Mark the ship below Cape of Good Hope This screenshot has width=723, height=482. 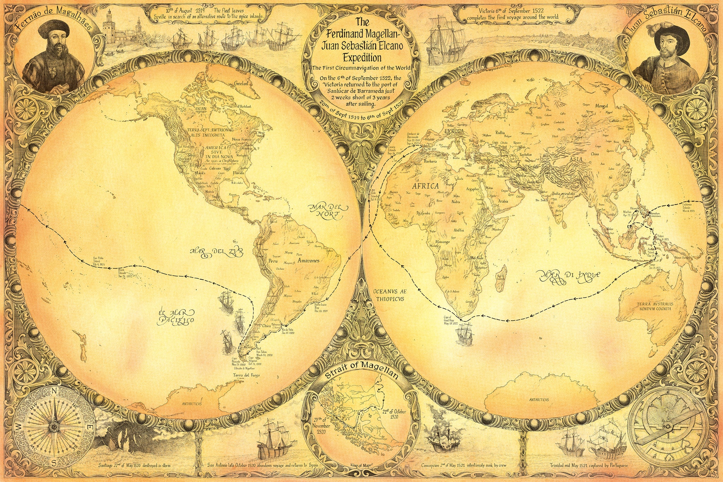[463, 333]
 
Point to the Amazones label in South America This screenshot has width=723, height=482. [308, 261]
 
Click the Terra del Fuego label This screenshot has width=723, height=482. [246, 375]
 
